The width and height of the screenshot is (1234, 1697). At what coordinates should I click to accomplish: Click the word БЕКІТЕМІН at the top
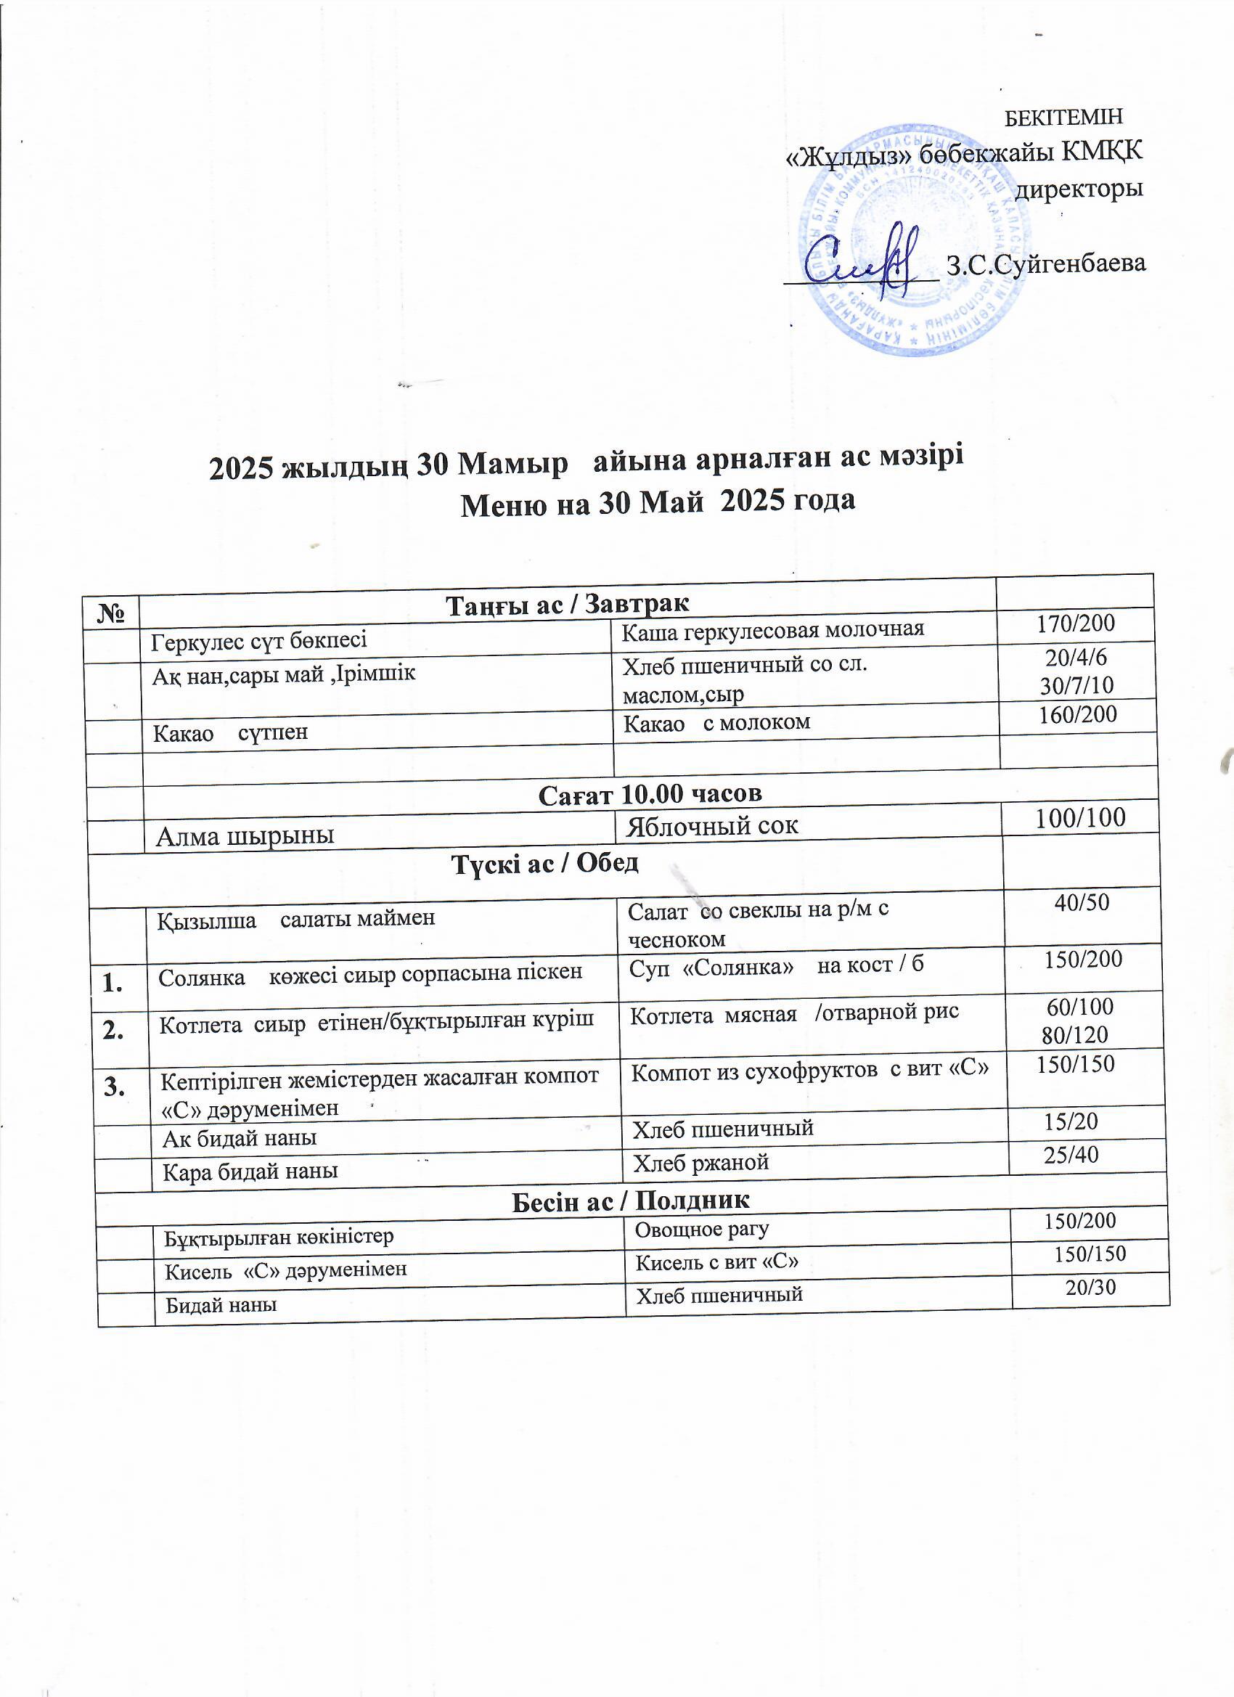[x=1063, y=118]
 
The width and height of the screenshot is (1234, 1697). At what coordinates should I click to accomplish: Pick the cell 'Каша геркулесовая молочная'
[x=773, y=629]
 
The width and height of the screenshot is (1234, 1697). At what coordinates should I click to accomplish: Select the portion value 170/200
[x=1075, y=623]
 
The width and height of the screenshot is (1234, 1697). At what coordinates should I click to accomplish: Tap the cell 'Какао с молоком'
[x=716, y=723]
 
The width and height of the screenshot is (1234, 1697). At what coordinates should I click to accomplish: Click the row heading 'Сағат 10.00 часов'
[x=650, y=793]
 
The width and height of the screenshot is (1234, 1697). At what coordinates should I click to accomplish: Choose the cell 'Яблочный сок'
[x=711, y=825]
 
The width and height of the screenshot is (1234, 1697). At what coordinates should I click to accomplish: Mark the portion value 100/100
[x=1079, y=818]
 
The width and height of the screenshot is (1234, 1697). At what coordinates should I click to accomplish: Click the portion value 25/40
[x=1071, y=1155]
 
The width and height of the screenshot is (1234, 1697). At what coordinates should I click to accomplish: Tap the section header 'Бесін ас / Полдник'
[x=630, y=1201]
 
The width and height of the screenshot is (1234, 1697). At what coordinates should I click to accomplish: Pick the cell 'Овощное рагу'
[x=701, y=1230]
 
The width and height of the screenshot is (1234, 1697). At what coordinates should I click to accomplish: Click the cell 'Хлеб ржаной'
[x=700, y=1162]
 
